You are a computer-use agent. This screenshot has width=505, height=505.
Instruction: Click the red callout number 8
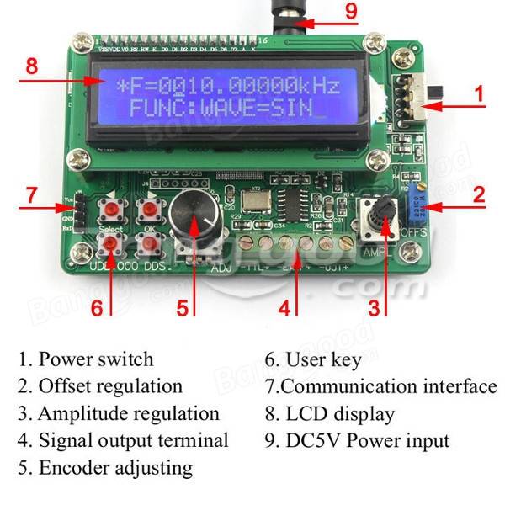[x=32, y=66]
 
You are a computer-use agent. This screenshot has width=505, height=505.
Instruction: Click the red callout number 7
[x=32, y=194]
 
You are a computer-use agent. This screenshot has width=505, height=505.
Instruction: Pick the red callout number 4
[x=284, y=307]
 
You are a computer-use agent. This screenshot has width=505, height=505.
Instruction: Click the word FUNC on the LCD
[x=150, y=110]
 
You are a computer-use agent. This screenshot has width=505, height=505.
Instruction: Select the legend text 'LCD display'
[x=339, y=413]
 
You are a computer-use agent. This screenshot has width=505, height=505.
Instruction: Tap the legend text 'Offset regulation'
[x=109, y=386]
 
